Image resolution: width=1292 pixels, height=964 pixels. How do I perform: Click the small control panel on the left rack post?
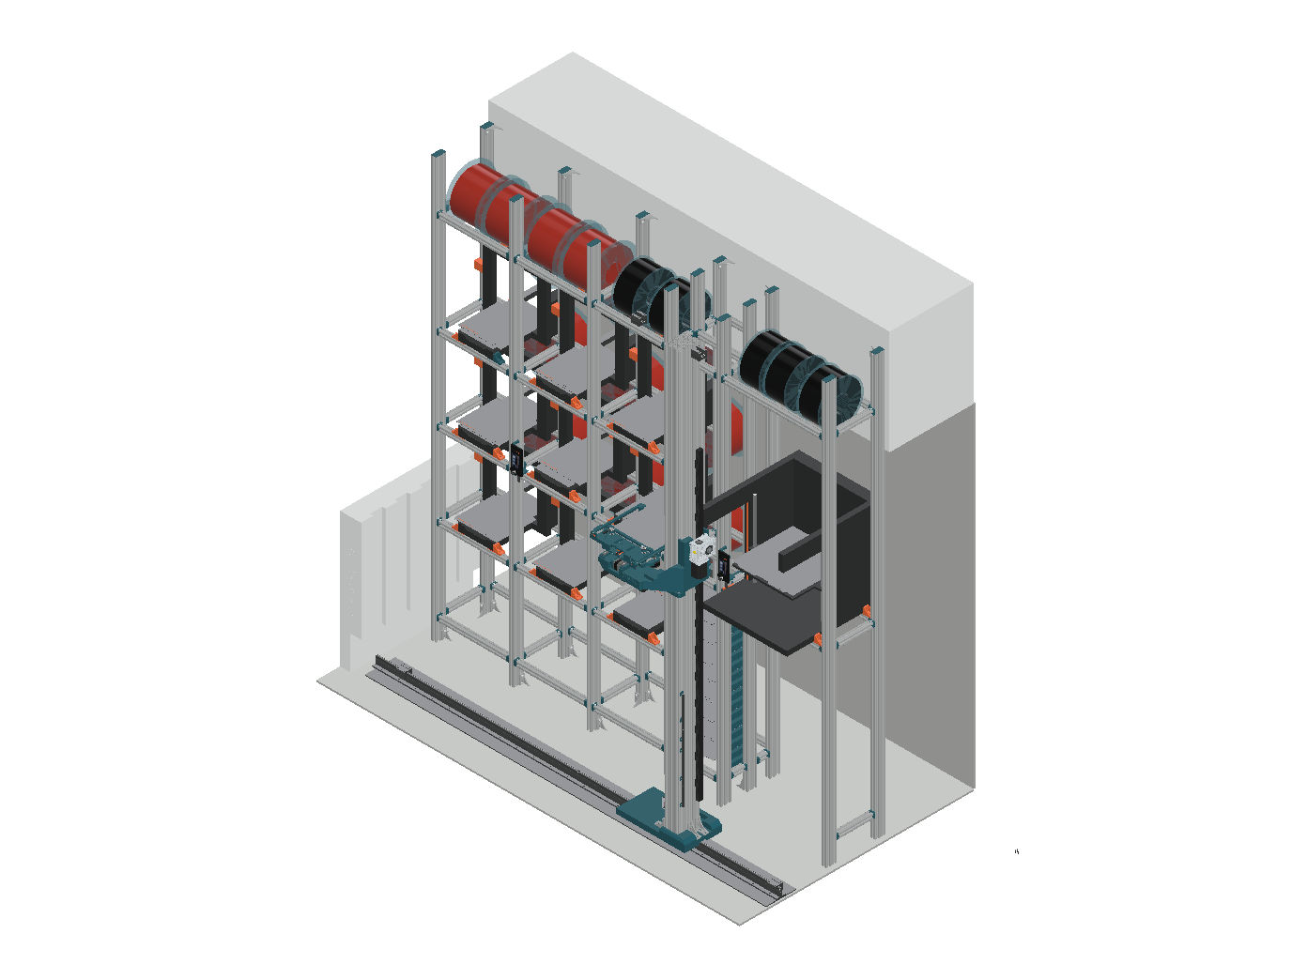[516, 459]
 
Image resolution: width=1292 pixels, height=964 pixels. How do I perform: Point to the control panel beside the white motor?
[723, 566]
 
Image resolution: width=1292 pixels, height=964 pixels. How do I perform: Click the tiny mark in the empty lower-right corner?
[1017, 851]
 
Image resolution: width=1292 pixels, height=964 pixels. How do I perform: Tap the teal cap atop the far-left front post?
[438, 155]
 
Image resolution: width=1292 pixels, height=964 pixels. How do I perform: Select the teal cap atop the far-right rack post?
[876, 352]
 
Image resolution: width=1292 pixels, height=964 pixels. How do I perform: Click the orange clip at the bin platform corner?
[818, 639]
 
